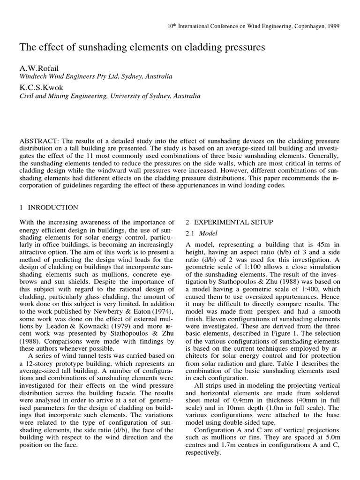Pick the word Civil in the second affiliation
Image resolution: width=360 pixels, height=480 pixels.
27,96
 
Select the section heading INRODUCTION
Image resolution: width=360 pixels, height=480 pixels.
52,207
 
